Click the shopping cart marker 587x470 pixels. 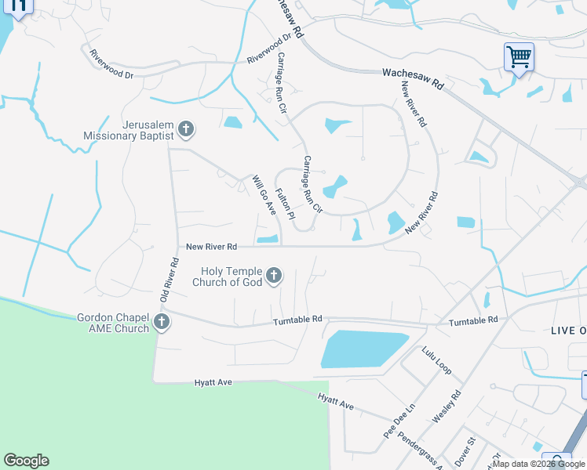[519, 57]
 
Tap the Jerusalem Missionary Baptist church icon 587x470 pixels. [186, 128]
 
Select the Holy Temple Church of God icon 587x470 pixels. [274, 274]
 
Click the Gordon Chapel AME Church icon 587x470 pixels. [162, 322]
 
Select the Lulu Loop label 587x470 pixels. [437, 360]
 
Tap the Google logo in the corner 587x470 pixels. [26, 461]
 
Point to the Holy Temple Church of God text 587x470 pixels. [227, 277]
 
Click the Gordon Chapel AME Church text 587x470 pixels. [113, 323]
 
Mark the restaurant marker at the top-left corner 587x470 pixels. [19, 6]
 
